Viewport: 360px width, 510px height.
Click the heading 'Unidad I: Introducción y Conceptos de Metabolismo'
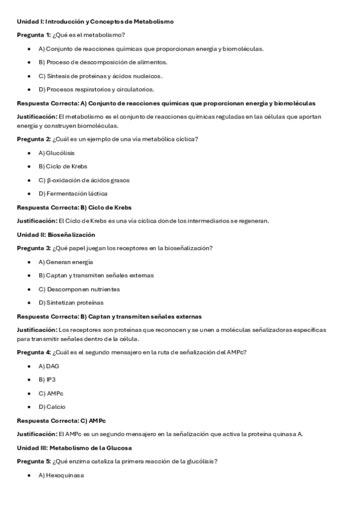[x=95, y=22]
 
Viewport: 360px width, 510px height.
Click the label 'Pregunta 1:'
[x=34, y=35]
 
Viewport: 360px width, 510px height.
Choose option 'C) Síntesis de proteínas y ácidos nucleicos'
[x=100, y=76]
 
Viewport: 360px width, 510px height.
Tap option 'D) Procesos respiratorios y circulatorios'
[x=96, y=90]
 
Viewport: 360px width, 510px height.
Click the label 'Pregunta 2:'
[x=34, y=139]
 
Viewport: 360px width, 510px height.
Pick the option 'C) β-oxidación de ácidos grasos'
[x=84, y=180]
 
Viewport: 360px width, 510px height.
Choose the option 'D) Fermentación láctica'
[x=73, y=194]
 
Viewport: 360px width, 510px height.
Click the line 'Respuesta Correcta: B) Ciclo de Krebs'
[x=74, y=207]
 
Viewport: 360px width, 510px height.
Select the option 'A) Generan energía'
[x=66, y=262]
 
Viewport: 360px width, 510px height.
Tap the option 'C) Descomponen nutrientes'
[x=75, y=289]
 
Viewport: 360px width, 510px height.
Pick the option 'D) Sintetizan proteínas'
[x=71, y=303]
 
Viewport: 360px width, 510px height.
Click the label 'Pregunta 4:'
[x=34, y=352]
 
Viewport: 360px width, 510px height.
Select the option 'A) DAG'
[x=49, y=366]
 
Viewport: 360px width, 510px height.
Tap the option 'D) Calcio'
[x=52, y=407]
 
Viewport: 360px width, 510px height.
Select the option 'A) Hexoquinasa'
[x=61, y=476]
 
